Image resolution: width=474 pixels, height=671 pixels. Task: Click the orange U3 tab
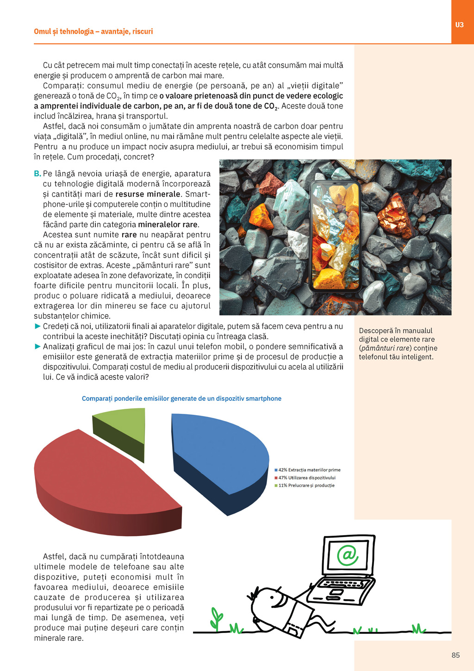coord(459,25)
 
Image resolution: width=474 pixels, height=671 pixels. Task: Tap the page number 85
coord(455,655)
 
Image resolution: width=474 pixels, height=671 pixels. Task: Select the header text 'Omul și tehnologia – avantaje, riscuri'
coord(93,32)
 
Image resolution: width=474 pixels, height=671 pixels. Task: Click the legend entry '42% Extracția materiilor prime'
coord(309,470)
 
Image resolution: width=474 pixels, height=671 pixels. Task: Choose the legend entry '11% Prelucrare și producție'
coord(306,486)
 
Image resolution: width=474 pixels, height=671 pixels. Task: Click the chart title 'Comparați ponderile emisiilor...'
coord(181,399)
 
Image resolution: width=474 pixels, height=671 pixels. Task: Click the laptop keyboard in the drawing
coord(340,585)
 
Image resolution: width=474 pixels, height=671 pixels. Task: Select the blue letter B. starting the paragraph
coord(37,174)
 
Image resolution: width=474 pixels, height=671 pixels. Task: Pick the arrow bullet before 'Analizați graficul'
coord(38,347)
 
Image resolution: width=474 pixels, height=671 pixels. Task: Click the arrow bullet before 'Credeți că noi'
coord(38,326)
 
